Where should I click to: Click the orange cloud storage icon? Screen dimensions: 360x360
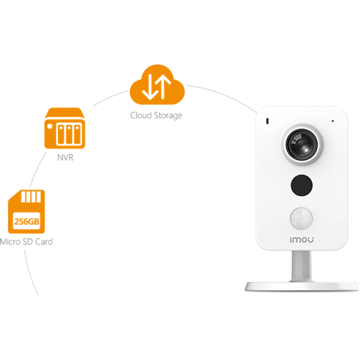click(157, 85)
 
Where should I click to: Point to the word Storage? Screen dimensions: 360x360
click(168, 116)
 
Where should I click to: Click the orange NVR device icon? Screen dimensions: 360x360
click(65, 128)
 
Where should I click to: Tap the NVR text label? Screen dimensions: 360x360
click(65, 158)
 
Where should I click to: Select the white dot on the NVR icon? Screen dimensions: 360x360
click(50, 126)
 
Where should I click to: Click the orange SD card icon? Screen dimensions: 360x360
click(26, 212)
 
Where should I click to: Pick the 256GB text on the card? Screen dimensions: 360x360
click(27, 222)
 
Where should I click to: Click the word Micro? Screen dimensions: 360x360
click(10, 242)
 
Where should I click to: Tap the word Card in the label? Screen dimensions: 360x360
click(44, 242)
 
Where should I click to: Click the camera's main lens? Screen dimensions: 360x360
click(302, 144)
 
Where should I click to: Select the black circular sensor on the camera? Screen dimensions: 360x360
click(302, 185)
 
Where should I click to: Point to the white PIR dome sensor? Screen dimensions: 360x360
click(302, 218)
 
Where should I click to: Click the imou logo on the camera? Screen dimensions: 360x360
click(302, 240)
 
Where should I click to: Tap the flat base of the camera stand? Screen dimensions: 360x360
click(302, 286)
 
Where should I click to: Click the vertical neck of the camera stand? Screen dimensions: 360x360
click(302, 266)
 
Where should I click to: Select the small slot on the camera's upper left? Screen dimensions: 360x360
click(267, 121)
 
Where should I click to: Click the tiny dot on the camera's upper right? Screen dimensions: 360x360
click(333, 121)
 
